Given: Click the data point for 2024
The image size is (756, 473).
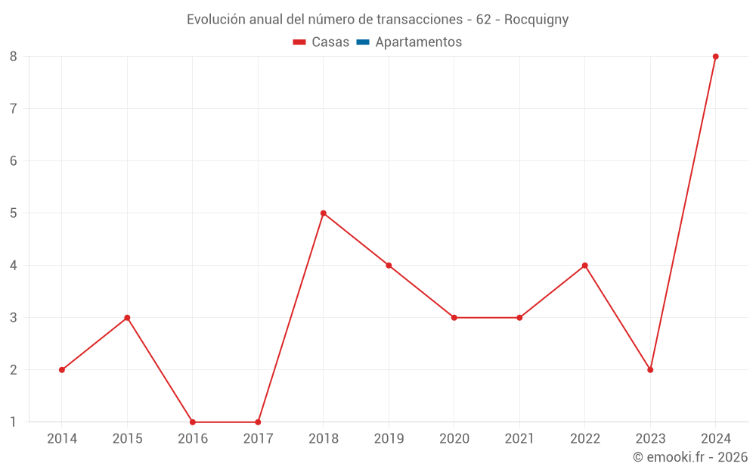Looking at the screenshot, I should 715,57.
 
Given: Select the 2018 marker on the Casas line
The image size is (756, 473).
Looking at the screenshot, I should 324,213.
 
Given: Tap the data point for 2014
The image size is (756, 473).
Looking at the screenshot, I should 62,370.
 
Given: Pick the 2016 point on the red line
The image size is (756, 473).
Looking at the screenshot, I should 193,422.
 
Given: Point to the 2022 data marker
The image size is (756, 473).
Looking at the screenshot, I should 585,266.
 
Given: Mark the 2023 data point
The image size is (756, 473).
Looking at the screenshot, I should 650,370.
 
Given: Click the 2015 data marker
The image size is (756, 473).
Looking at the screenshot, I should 127,318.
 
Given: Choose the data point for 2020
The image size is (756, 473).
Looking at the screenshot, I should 454,318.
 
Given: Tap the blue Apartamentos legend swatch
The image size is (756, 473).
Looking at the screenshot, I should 362,42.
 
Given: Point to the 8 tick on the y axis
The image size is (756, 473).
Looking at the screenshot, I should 14,57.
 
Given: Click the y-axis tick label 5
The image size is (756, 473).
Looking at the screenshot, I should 14,213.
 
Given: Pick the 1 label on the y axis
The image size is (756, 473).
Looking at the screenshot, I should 14,422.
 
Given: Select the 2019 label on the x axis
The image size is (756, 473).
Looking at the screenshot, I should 389,439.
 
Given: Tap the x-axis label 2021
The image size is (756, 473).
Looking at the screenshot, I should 519,439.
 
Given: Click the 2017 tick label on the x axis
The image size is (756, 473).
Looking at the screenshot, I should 258,439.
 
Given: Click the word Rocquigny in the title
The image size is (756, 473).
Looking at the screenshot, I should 536,20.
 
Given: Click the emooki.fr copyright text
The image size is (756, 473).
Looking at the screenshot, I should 690,457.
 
